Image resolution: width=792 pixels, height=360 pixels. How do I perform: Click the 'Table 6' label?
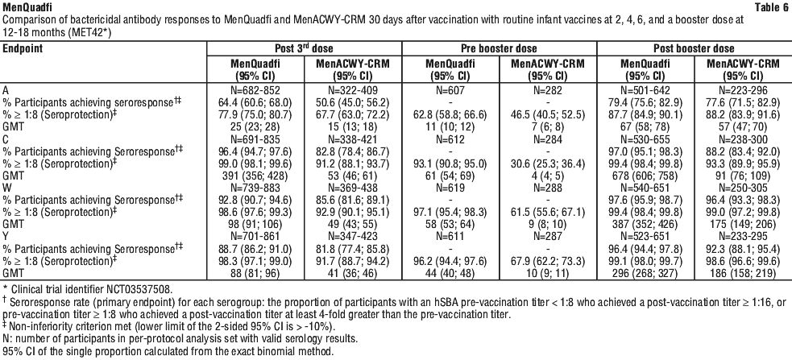771,7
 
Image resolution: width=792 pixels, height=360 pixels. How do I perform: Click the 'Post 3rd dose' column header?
304,48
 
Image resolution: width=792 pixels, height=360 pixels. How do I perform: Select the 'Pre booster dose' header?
499,48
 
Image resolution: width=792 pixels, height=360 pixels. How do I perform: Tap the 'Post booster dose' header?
694,48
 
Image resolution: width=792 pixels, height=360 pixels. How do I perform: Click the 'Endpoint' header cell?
23,48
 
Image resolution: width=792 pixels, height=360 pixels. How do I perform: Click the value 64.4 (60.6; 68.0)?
255,102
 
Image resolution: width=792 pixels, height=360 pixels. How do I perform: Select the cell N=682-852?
255,90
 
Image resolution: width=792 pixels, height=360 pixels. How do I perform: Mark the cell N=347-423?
353,235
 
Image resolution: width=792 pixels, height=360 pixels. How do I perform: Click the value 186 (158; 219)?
743,272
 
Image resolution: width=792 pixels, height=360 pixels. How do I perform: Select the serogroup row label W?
6,188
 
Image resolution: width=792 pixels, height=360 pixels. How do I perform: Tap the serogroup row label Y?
6,235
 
